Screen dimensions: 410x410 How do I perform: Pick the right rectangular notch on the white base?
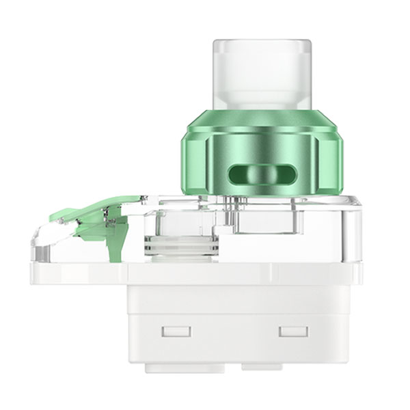tap(290, 333)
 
